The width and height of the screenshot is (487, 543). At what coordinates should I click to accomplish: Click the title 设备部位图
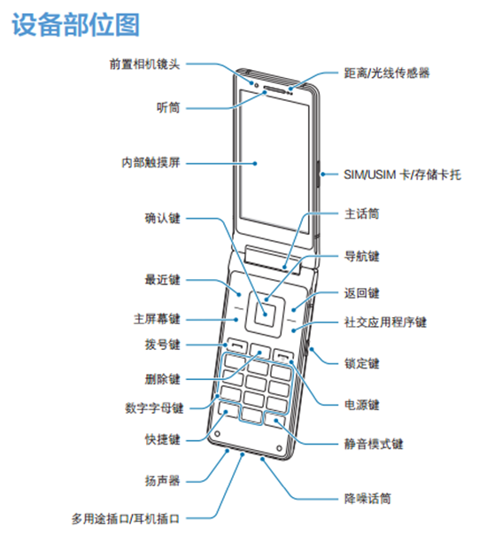click(76, 25)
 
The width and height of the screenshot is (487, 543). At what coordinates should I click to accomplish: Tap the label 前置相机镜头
click(144, 64)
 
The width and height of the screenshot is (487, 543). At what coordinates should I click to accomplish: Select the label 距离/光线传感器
click(387, 73)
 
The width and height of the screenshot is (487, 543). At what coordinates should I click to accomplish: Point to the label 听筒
click(168, 108)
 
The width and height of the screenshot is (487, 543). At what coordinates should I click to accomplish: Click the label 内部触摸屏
click(151, 162)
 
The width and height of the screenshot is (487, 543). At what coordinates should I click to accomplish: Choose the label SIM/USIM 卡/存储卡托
click(402, 175)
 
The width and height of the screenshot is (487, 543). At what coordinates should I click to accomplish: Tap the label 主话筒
click(361, 213)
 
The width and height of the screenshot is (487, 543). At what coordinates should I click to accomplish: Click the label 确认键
click(162, 218)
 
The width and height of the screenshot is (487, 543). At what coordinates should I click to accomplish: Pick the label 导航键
click(361, 257)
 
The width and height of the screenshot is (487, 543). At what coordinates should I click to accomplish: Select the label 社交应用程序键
click(385, 322)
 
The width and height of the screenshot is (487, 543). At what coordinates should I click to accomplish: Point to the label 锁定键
click(361, 363)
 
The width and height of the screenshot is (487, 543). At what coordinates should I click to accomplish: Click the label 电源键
click(361, 405)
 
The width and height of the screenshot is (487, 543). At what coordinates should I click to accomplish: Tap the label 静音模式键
click(373, 444)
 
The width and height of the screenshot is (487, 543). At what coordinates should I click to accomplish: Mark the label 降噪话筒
click(367, 499)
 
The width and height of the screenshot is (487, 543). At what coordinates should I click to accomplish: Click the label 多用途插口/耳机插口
click(126, 519)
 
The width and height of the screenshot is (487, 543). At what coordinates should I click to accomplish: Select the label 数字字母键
click(154, 408)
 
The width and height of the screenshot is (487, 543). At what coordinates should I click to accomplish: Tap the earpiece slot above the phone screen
click(275, 89)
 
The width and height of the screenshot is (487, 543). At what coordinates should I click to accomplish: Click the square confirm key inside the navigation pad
click(266, 314)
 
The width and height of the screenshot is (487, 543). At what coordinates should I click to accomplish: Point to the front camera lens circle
click(257, 85)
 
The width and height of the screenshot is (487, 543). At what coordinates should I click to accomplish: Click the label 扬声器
click(162, 481)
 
